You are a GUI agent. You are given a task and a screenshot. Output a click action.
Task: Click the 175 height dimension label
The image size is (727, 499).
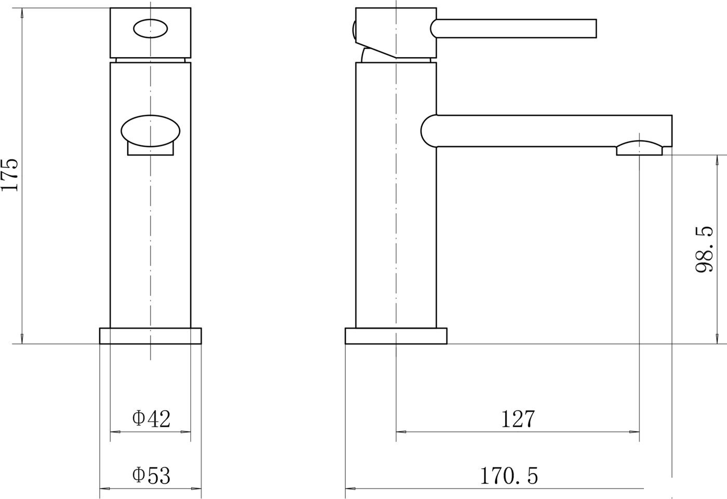click(10, 175)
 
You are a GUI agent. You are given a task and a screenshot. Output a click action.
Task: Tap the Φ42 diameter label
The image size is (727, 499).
click(151, 419)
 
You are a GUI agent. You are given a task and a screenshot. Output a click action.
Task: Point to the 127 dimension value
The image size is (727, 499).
click(518, 419)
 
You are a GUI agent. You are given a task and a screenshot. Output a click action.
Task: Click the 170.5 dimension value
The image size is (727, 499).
click(508, 476)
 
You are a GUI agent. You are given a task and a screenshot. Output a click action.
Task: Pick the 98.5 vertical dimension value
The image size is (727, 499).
click(705, 249)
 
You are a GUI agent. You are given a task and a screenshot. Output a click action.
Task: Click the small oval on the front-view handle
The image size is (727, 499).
click(150, 28)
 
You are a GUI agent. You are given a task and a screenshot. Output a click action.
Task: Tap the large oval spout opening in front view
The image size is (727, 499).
click(150, 131)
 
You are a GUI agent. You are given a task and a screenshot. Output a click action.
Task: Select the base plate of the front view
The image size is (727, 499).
click(150, 336)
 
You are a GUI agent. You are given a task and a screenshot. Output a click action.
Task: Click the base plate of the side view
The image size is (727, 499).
click(396, 336)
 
